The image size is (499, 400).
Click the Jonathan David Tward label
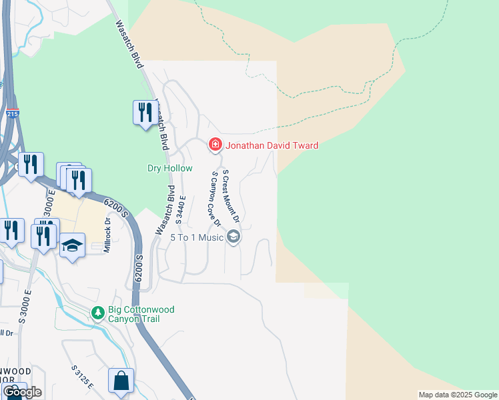pos(271,145)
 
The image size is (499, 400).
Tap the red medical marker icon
pos(215,144)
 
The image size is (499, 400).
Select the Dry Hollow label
pos(169,169)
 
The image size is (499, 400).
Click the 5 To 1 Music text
pos(197,237)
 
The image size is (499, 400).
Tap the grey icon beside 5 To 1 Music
pos(233,236)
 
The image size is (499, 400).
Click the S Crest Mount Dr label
pos(231,195)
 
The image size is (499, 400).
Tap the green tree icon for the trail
pos(98,312)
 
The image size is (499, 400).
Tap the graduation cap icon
pos(72,245)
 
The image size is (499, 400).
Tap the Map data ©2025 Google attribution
pos(458,395)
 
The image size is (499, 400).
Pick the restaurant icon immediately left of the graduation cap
pos(43,236)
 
